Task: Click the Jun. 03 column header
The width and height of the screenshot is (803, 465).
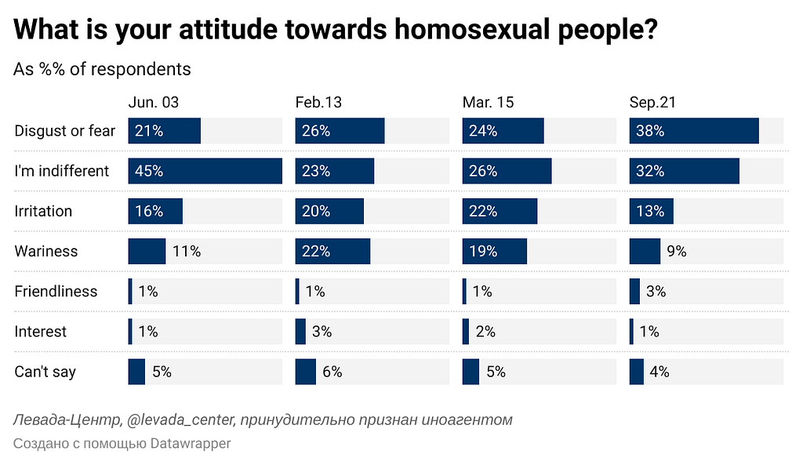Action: click(x=154, y=103)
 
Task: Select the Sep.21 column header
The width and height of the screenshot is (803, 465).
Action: click(x=652, y=103)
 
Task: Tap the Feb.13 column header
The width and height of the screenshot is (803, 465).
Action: click(x=318, y=103)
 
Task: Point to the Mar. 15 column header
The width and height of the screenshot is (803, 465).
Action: click(x=489, y=103)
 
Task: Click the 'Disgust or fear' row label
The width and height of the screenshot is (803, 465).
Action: click(x=64, y=131)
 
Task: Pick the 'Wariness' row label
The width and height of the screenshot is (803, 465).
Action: click(x=45, y=251)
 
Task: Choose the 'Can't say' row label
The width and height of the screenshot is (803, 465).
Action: click(x=45, y=372)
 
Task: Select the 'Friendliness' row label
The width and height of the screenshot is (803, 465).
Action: click(x=56, y=291)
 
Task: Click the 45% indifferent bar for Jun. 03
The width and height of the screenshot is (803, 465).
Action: click(x=205, y=171)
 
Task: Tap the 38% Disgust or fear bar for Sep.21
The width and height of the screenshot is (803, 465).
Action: click(x=694, y=131)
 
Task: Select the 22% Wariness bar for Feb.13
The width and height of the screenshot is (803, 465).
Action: click(x=332, y=251)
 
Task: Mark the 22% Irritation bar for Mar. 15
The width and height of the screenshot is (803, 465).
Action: click(x=500, y=211)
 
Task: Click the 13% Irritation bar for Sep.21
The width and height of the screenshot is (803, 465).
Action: click(x=651, y=211)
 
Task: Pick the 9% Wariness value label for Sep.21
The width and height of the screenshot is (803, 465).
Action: click(x=676, y=251)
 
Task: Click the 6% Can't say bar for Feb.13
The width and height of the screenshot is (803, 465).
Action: click(x=305, y=372)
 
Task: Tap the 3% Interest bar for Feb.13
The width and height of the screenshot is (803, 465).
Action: click(x=300, y=332)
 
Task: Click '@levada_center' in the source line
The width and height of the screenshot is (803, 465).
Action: click(x=179, y=420)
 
